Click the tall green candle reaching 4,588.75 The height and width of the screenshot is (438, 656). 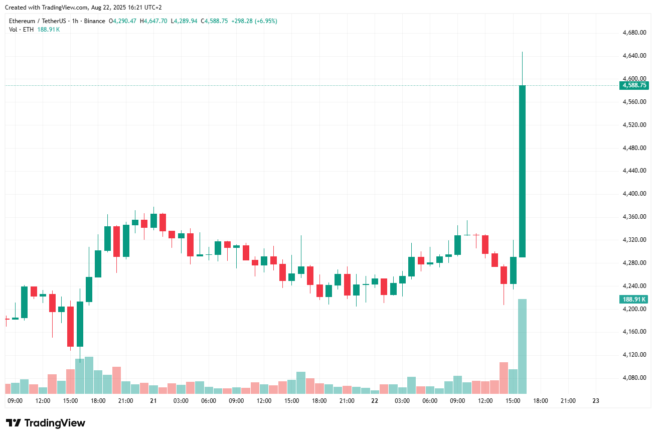[522, 171]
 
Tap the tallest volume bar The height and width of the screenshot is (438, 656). [522, 346]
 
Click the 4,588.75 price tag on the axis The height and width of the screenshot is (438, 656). [634, 85]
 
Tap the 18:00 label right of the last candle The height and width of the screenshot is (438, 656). [540, 401]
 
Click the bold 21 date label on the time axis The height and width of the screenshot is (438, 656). [153, 401]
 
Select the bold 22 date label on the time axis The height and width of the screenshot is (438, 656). [375, 401]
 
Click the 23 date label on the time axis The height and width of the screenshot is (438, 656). [596, 401]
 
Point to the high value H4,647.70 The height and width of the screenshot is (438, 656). [153, 21]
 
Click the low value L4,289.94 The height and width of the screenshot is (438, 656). [184, 21]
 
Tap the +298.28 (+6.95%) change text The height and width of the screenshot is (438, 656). [254, 21]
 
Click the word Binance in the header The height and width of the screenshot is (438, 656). [95, 21]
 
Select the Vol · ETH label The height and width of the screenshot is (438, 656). [21, 30]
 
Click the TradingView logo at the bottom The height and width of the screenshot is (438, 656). [46, 423]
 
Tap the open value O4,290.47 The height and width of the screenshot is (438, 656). [123, 21]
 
